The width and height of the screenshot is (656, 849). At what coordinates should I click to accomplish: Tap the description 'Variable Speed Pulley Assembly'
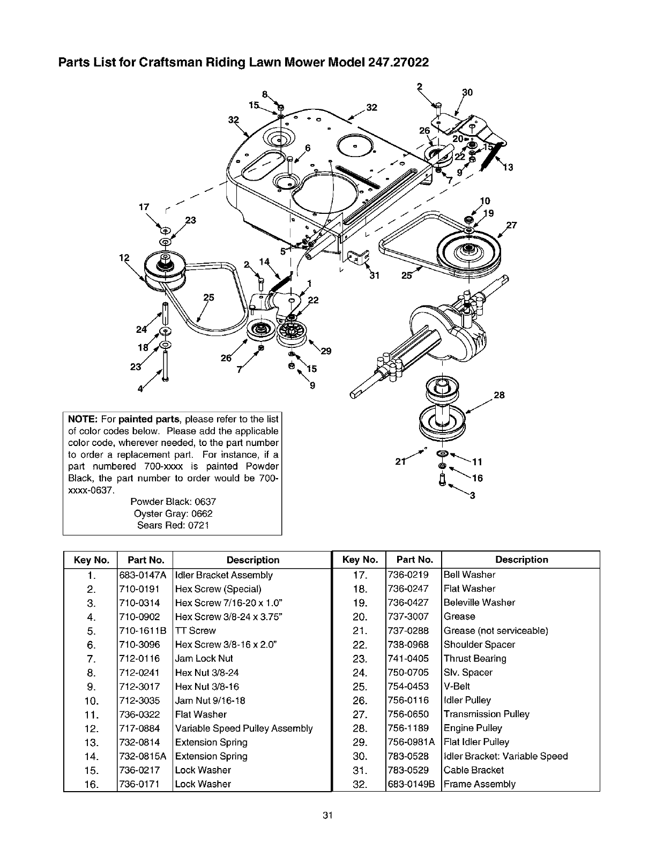point(244,728)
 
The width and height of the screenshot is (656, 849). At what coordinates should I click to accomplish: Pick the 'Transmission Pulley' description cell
point(486,714)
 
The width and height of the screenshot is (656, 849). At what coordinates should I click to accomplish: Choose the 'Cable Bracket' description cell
point(474,770)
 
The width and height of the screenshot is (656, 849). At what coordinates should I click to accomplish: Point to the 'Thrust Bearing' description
point(475,659)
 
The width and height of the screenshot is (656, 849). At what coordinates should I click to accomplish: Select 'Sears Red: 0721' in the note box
point(173,525)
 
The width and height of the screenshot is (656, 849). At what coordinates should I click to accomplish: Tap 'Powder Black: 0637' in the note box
point(173,502)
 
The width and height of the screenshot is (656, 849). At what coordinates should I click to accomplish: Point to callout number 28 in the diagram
point(498,396)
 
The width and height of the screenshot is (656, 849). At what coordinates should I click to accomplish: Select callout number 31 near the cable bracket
point(374,277)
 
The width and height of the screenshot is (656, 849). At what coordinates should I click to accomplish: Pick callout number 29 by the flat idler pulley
point(325,352)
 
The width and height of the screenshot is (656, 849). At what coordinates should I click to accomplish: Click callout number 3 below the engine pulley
point(472,496)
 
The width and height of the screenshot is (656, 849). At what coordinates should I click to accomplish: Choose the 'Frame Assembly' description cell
point(479,784)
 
